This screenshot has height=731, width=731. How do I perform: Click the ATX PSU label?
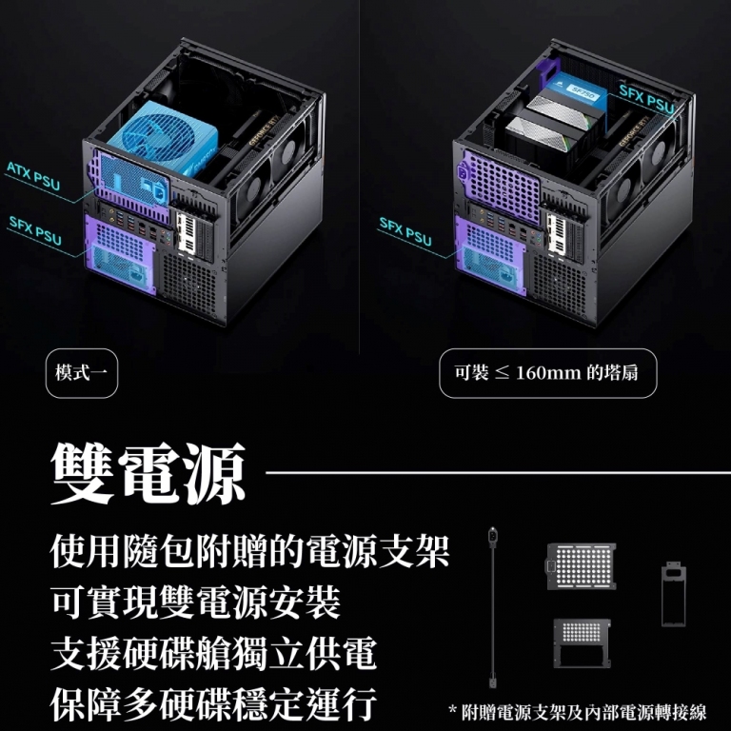[33, 176]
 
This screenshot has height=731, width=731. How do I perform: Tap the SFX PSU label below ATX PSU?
[35, 230]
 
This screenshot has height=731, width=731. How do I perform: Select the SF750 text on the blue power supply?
[583, 94]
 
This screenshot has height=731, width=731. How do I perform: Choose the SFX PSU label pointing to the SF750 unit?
[646, 99]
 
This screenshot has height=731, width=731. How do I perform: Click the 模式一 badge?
[82, 373]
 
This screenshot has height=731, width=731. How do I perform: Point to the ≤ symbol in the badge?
[502, 373]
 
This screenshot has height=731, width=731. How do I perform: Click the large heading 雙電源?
[148, 473]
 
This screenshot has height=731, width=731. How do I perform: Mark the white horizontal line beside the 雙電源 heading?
[498, 473]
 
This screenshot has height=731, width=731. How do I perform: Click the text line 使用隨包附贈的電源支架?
[249, 552]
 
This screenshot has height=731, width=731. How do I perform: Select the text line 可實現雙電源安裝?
[196, 603]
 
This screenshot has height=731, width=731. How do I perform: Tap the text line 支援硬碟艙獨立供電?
[213, 654]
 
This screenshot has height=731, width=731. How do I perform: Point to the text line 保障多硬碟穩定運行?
[213, 704]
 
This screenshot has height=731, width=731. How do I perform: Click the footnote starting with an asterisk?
[577, 712]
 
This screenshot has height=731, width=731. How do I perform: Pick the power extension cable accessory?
[492, 607]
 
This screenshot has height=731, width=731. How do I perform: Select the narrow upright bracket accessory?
[674, 594]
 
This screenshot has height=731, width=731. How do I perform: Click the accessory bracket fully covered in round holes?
[582, 566]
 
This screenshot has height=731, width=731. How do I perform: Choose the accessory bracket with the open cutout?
[582, 643]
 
